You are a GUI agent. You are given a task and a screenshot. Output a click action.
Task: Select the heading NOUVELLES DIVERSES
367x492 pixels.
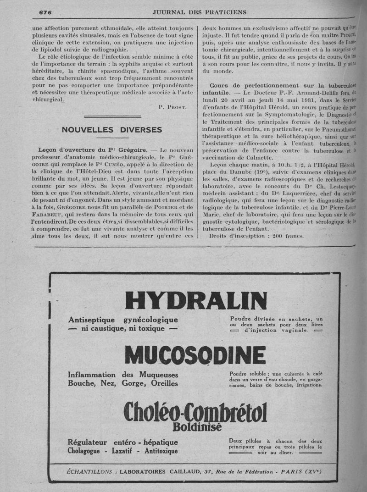click(112, 130)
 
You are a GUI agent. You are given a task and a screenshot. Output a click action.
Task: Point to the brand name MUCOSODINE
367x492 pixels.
click(195, 355)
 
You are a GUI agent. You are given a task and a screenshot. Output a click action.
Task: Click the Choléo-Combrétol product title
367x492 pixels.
click(195, 411)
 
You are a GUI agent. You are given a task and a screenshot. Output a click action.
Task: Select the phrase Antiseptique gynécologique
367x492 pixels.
click(122, 320)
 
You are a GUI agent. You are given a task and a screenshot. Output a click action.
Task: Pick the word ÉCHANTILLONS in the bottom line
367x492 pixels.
click(89, 472)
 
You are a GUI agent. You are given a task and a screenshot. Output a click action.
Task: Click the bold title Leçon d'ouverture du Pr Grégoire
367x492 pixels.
click(94, 150)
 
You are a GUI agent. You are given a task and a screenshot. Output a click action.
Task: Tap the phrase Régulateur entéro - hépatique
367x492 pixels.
click(122, 442)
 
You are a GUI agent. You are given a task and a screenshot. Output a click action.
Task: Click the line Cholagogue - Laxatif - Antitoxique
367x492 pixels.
click(122, 451)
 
